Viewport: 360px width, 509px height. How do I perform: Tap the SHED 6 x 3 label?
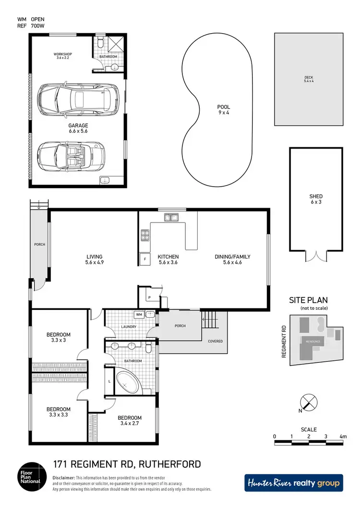click(x=316, y=199)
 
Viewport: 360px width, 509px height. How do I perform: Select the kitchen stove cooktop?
click(x=144, y=235)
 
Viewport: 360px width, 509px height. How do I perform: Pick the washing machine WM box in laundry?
click(x=139, y=315)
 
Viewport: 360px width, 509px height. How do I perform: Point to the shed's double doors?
click(x=315, y=256)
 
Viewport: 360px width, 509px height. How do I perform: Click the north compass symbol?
click(x=307, y=402)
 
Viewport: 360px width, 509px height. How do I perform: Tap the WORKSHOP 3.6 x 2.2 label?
click(x=61, y=56)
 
